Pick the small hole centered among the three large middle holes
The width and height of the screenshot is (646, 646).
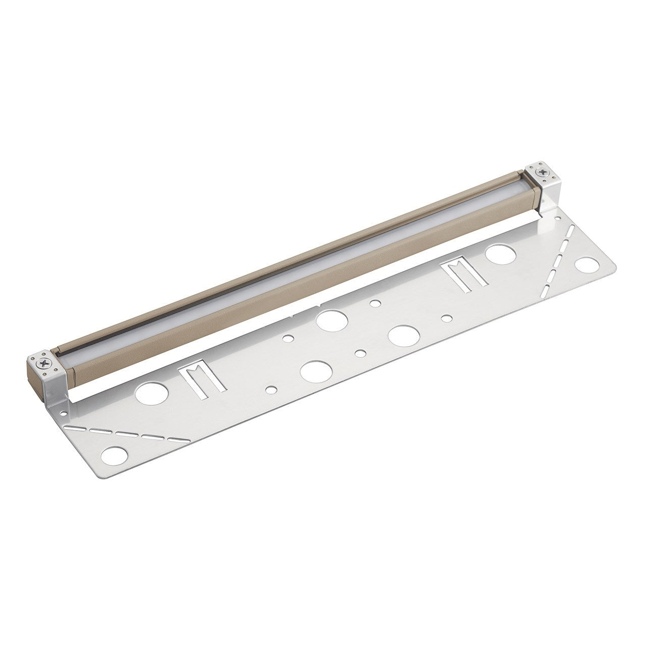(360, 353)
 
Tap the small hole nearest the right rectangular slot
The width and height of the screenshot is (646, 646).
(446, 318)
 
